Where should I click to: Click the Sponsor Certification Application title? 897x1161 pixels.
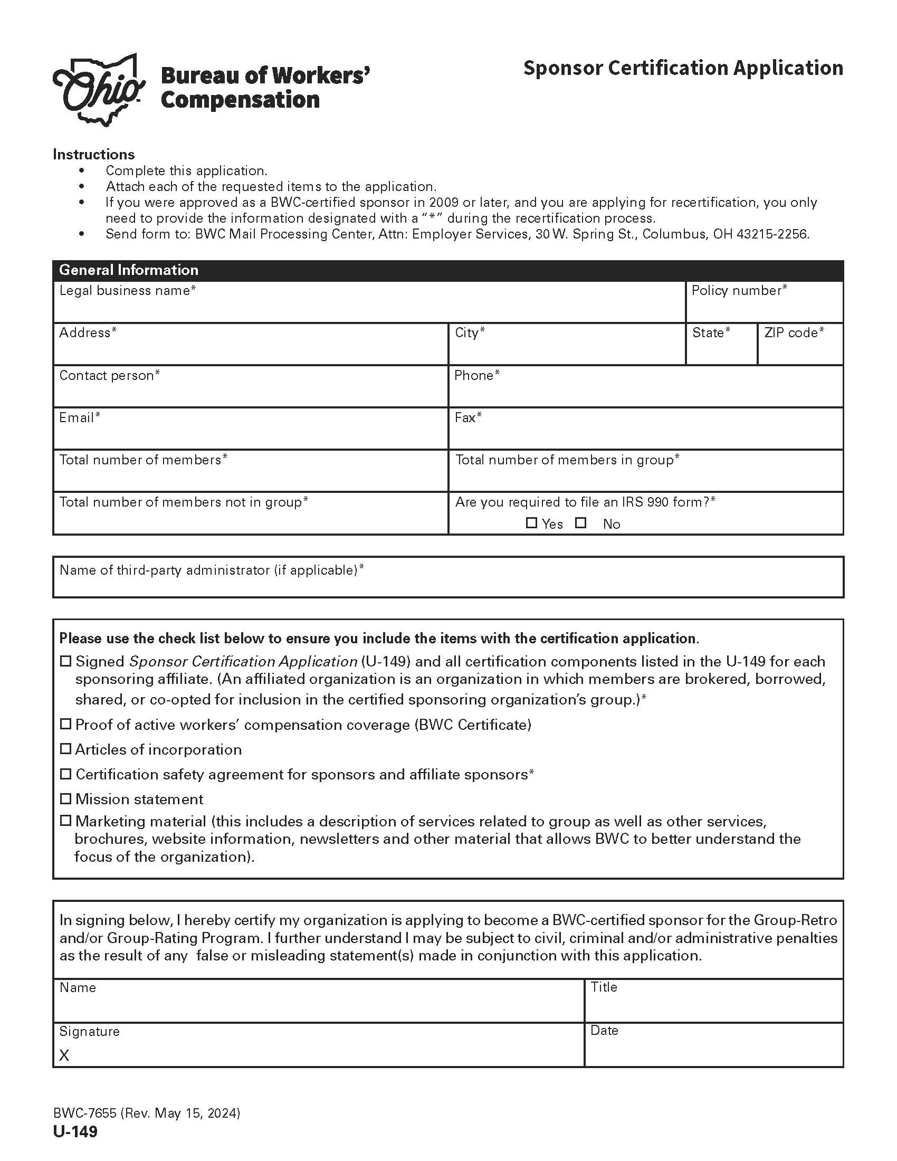pos(683,68)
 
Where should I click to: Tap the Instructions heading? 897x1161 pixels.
pos(93,154)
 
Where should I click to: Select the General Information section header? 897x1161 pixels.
pos(129,270)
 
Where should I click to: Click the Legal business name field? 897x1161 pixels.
pos(369,307)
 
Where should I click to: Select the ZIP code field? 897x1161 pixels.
pos(800,350)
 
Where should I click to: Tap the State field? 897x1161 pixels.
pos(721,350)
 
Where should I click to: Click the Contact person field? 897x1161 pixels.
pos(250,392)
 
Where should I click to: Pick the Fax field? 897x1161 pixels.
pos(645,434)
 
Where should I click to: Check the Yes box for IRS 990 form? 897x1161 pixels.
pos(531,523)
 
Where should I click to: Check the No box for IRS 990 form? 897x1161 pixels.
pos(581,523)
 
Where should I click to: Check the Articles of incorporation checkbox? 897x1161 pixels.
pos(65,749)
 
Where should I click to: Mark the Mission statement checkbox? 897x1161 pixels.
pos(65,798)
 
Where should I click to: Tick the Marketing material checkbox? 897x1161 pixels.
pos(65,821)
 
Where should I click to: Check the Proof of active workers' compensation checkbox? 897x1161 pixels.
pos(65,724)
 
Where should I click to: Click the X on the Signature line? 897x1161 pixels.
pos(64,1056)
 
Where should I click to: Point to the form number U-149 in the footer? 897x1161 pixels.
pos(75,1132)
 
